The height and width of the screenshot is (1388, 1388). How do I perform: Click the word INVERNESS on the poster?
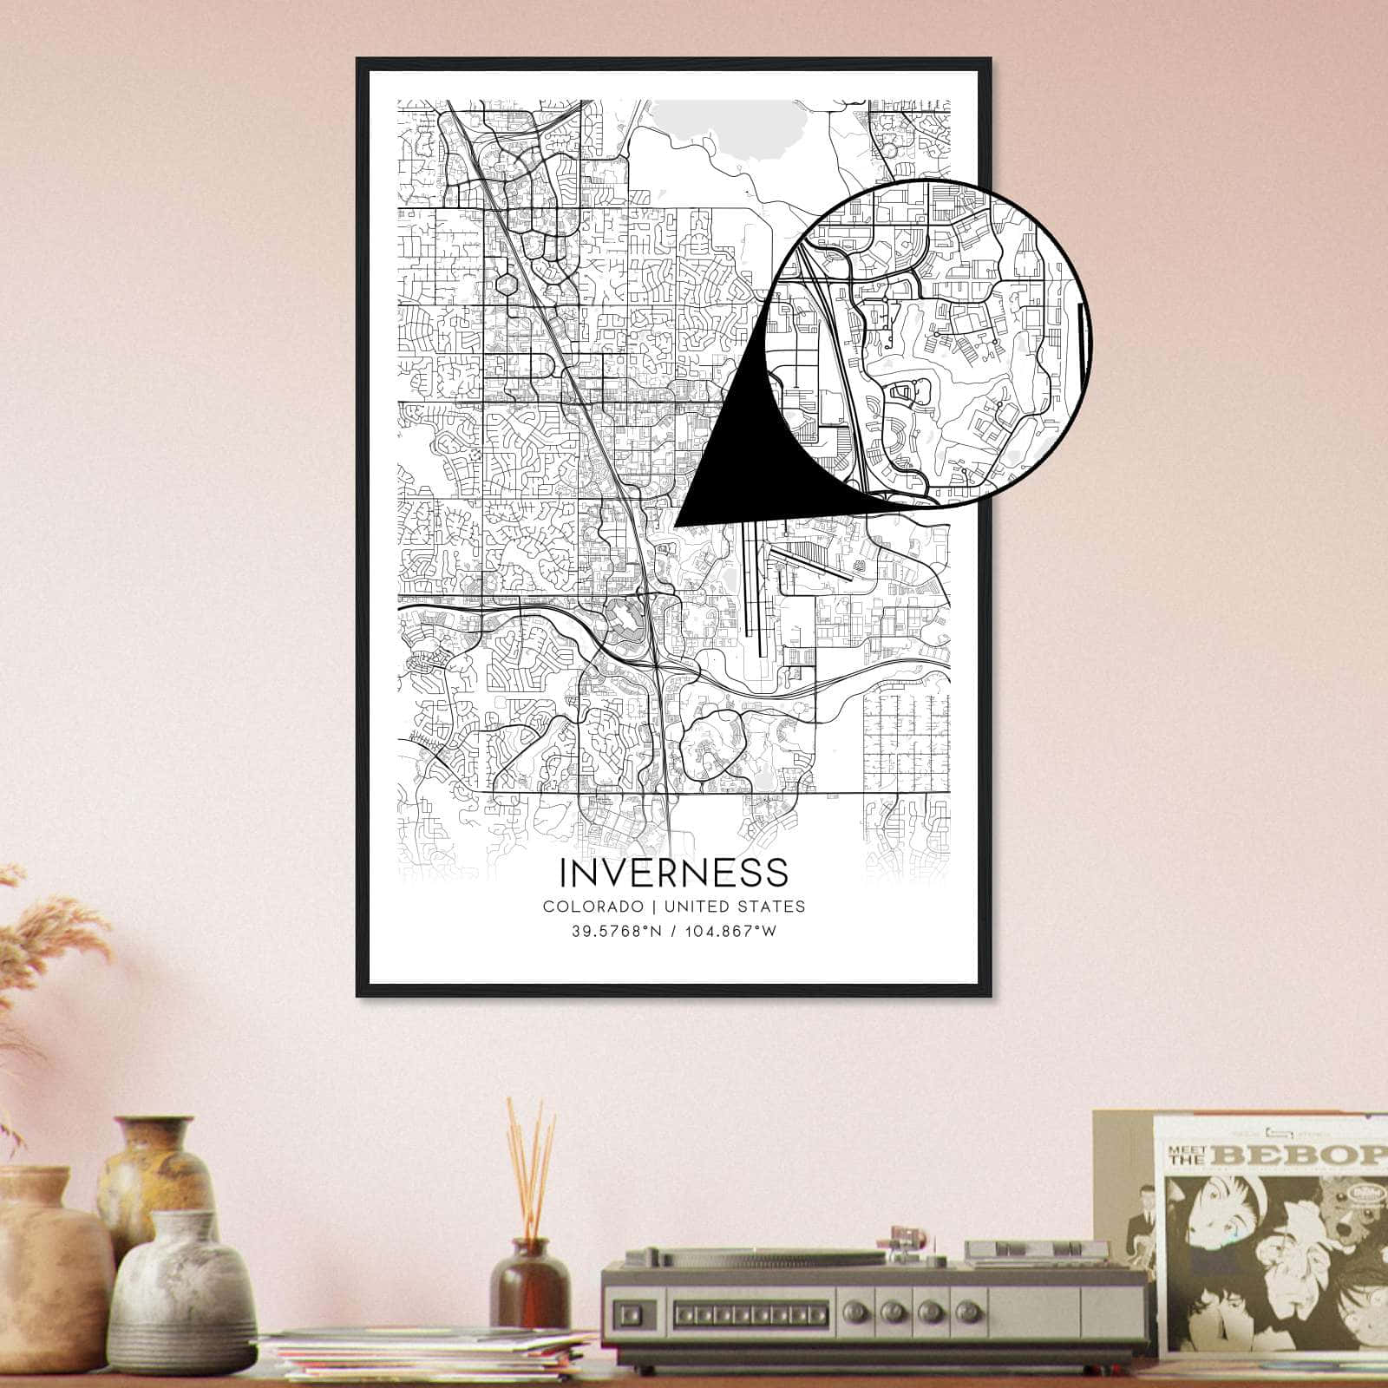pos(674,873)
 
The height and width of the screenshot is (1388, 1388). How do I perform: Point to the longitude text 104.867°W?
pos(729,932)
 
